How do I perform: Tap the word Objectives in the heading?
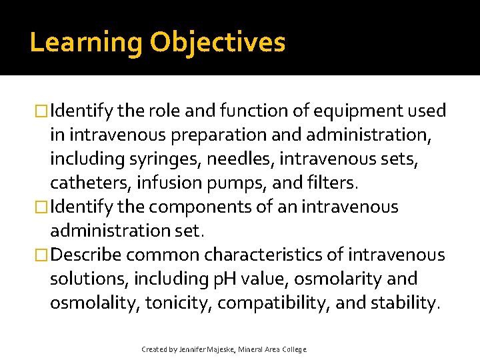click(217, 43)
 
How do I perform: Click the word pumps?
click(251, 183)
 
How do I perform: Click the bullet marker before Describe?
click(42, 255)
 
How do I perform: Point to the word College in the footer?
click(293, 349)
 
